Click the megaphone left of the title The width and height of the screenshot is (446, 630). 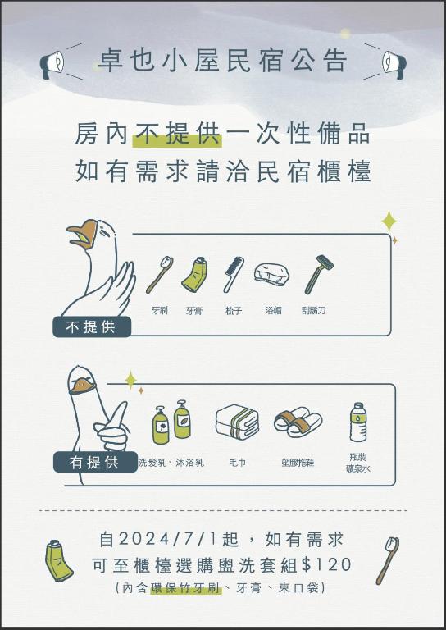pyautogui.click(x=52, y=64)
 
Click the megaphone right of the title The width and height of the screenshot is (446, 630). pyautogui.click(x=394, y=64)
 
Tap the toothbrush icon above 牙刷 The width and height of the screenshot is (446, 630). pyautogui.click(x=159, y=275)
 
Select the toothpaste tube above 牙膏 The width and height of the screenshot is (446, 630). pyautogui.click(x=194, y=274)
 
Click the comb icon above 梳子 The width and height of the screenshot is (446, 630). pyautogui.click(x=233, y=275)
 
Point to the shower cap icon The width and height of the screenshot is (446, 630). pyautogui.click(x=271, y=275)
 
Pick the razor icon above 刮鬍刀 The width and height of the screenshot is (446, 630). pyautogui.click(x=319, y=275)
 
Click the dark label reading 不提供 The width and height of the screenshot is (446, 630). pyautogui.click(x=92, y=326)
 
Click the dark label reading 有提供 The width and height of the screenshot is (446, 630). pyautogui.click(x=95, y=462)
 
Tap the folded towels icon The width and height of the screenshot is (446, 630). pyautogui.click(x=237, y=422)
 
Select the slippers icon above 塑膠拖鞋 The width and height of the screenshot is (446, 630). pyautogui.click(x=298, y=422)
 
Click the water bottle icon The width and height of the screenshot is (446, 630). pyautogui.click(x=358, y=422)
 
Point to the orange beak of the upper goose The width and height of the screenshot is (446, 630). pyautogui.click(x=84, y=234)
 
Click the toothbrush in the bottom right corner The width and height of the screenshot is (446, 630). pyautogui.click(x=388, y=560)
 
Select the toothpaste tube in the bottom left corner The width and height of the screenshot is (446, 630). pyautogui.click(x=58, y=561)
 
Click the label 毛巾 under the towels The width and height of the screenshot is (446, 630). pyautogui.click(x=237, y=463)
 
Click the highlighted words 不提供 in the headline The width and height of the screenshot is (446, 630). pyautogui.click(x=177, y=134)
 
